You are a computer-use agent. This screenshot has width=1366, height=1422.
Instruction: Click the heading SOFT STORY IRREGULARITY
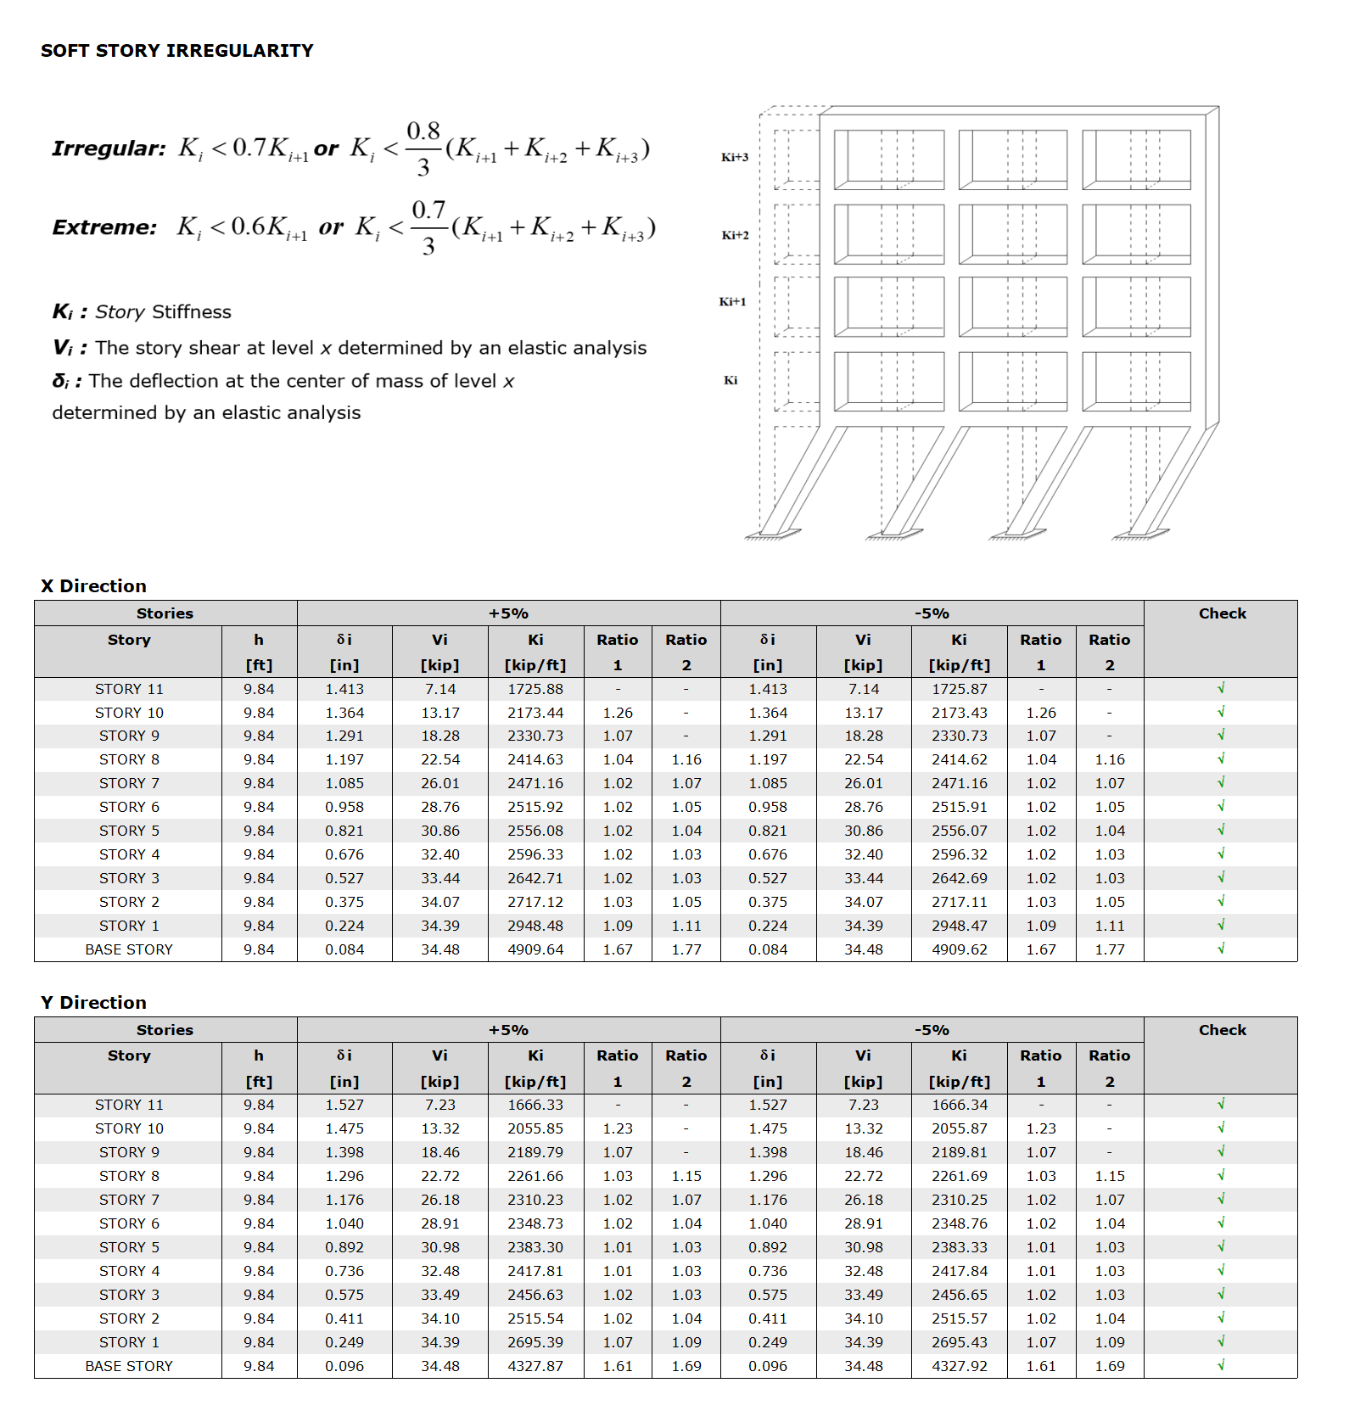pos(176,51)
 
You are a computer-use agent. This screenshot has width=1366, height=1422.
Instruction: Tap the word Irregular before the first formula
pos(109,148)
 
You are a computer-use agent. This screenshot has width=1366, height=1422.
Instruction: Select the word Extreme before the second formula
pos(104,227)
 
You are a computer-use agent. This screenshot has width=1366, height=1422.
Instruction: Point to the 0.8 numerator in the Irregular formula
pos(423,132)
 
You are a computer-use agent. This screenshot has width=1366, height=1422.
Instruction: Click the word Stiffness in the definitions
pos(191,312)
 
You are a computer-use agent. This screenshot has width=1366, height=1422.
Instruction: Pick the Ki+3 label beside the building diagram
pos(735,157)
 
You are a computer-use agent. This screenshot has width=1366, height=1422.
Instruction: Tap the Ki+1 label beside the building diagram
pos(732,301)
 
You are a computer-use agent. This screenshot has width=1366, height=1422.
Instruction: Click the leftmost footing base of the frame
pos(772,535)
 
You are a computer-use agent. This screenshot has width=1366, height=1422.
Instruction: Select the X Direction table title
pos(93,586)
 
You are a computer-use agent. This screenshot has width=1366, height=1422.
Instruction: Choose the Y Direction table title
pos(93,1003)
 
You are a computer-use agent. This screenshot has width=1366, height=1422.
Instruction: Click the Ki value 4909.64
pos(535,949)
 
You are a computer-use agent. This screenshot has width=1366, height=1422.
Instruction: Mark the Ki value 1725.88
pos(535,689)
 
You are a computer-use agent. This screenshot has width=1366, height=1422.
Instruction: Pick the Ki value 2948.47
pos(959,926)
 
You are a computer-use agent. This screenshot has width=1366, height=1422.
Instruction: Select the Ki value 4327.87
pos(535,1366)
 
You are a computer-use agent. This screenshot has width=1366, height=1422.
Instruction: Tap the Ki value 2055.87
pos(959,1128)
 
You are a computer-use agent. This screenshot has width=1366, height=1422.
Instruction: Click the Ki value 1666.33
pos(535,1105)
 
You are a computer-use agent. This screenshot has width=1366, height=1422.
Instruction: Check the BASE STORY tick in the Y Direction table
pos(1221,1365)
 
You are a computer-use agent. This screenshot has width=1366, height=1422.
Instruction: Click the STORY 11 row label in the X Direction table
pos(129,689)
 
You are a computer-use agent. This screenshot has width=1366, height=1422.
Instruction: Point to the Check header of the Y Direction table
pos(1222,1030)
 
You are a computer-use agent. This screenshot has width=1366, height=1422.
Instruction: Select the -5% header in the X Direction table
pos(932,613)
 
